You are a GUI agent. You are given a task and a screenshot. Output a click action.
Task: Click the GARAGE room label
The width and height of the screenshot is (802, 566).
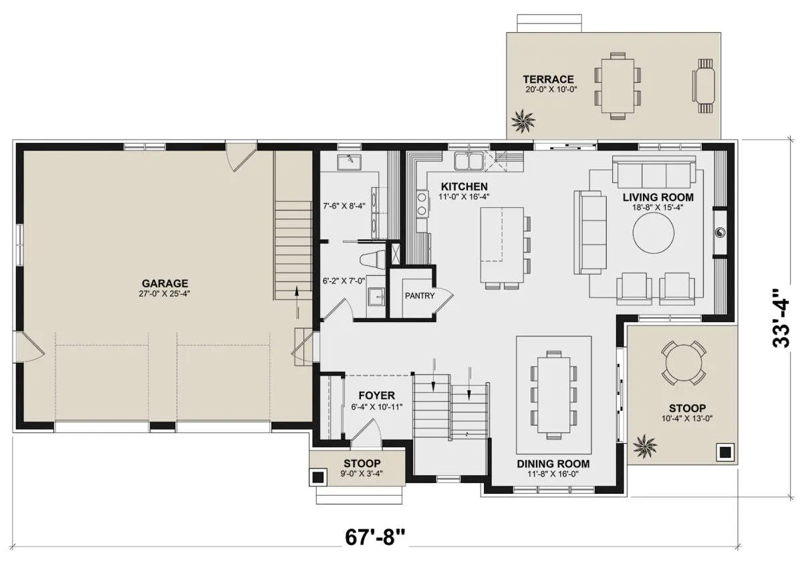(x=164, y=283)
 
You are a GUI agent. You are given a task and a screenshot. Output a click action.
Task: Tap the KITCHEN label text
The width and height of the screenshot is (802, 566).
(x=464, y=186)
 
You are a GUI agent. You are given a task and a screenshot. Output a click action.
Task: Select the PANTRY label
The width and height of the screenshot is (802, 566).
(x=420, y=296)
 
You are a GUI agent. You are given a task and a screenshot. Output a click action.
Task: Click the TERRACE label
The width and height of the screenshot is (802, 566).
(x=548, y=79)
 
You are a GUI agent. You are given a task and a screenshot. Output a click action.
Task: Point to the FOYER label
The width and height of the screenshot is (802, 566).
(x=377, y=395)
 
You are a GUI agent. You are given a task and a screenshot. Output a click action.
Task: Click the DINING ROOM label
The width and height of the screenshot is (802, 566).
(x=553, y=464)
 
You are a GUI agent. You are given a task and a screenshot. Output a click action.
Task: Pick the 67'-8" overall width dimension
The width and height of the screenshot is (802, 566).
(x=375, y=537)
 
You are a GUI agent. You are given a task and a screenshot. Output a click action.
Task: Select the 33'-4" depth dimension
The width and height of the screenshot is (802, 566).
(x=781, y=318)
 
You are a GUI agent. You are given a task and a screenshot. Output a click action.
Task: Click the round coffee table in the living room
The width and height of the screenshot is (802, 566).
(x=654, y=233)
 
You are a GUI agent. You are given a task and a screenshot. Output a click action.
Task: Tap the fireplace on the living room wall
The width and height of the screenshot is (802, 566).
(x=720, y=233)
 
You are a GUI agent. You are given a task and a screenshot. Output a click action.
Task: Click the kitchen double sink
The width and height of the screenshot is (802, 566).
(x=469, y=160)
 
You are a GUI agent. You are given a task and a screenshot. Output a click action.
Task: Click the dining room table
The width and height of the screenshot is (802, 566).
(x=554, y=394)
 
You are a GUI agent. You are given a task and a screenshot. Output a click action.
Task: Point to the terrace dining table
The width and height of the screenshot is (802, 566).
(x=618, y=86)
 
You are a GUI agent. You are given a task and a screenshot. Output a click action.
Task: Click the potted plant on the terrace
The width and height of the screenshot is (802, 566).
(x=523, y=121)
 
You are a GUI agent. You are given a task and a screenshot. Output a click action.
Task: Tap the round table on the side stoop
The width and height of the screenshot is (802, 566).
(x=684, y=363)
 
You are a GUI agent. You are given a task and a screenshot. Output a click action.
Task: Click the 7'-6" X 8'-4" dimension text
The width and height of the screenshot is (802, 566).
(x=344, y=206)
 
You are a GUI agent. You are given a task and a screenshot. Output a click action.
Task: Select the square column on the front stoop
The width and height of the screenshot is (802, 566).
(x=318, y=477)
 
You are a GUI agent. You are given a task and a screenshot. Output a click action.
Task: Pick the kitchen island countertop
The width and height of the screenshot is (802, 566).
(x=502, y=245)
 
